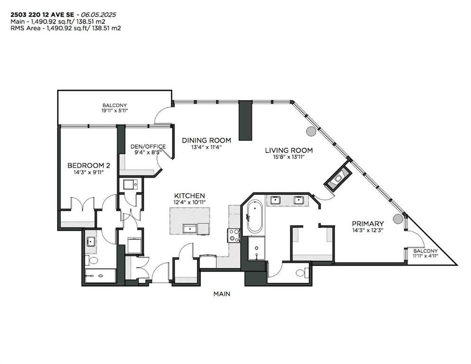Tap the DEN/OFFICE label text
(148, 146)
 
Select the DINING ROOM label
(207, 140)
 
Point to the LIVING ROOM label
(289, 150)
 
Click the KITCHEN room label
(189, 196)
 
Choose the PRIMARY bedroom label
(367, 223)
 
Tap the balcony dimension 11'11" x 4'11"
(425, 256)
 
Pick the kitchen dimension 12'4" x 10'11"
(189, 203)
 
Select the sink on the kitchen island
(190, 228)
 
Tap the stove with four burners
(234, 235)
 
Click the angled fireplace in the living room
(338, 178)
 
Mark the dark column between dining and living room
(245, 120)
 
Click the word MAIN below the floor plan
(222, 294)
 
